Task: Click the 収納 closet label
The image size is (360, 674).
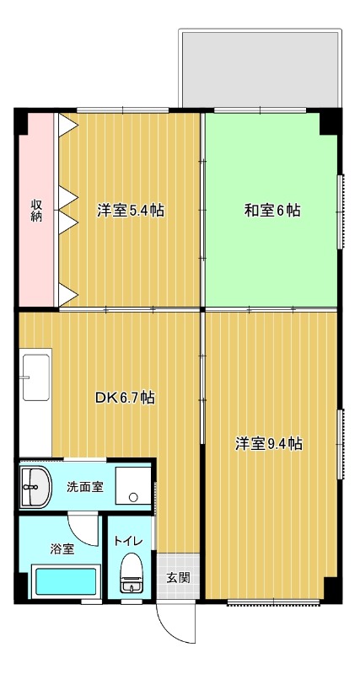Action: click(36, 211)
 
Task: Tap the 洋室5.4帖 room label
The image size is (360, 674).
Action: click(131, 211)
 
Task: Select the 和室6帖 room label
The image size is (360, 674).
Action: click(272, 211)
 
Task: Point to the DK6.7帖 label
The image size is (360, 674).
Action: click(125, 398)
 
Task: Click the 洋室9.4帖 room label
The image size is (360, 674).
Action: click(268, 444)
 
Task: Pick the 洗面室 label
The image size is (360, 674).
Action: click(85, 487)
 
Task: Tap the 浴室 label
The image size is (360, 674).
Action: click(62, 549)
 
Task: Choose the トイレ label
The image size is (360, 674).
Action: click(129, 541)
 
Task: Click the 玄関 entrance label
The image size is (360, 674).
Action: click(178, 578)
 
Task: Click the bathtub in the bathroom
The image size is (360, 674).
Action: click(66, 581)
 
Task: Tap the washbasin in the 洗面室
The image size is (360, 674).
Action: click(35, 487)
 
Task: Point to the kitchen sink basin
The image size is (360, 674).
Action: click(35, 377)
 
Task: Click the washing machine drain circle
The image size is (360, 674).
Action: click(133, 497)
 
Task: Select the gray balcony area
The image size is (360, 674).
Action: click(261, 68)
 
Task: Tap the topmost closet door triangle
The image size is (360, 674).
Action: click(68, 125)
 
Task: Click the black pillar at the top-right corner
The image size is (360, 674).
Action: click(330, 121)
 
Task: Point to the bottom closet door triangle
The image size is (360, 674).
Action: click(68, 294)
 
